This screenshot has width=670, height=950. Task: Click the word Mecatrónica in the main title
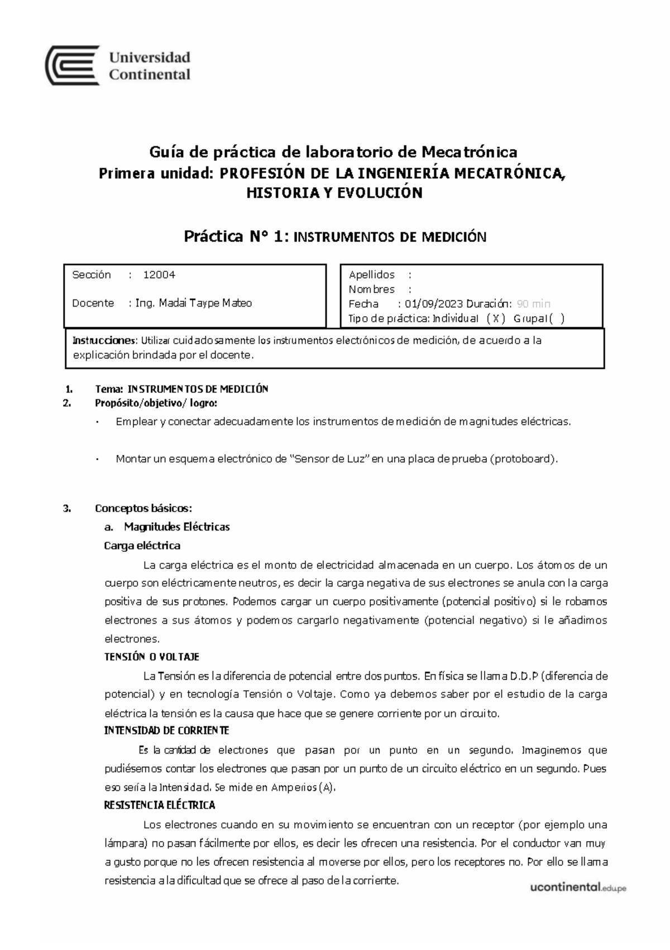click(469, 152)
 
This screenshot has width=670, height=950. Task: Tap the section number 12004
click(159, 275)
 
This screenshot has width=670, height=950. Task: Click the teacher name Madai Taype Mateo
click(205, 303)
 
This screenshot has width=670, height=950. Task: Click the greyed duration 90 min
click(533, 304)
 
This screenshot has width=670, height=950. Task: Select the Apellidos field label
click(371, 275)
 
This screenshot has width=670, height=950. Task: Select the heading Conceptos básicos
click(143, 508)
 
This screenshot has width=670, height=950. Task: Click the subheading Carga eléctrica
click(142, 546)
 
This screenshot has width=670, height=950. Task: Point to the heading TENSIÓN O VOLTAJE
click(152, 657)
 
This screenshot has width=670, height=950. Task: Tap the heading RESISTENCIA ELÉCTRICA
click(160, 805)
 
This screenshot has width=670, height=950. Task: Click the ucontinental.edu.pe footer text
click(578, 888)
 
